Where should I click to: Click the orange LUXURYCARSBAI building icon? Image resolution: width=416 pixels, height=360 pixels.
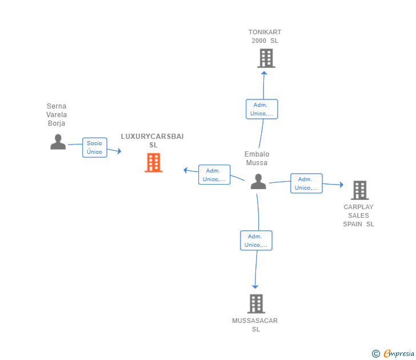point(153,163)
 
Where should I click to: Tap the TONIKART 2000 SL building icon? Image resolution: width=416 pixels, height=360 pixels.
point(266,58)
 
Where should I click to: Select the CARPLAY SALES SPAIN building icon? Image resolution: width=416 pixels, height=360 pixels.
point(360,190)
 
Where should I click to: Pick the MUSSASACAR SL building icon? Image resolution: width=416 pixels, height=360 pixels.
point(256,304)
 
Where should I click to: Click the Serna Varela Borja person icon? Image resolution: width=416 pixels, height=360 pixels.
point(58,142)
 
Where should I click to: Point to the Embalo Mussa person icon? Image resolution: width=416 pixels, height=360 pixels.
point(258,182)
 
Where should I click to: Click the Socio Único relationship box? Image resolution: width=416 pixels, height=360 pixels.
point(95,147)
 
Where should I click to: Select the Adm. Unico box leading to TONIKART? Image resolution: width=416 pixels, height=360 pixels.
point(262,109)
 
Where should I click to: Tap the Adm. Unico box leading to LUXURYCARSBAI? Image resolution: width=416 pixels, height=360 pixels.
point(214,174)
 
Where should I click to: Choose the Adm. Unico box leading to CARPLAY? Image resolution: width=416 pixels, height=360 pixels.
point(306,183)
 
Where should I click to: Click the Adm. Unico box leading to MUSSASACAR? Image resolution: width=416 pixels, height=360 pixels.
point(256,241)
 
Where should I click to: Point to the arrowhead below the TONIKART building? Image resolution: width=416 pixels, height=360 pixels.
point(264,73)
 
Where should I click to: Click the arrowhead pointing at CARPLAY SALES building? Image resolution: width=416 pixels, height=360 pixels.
point(342,185)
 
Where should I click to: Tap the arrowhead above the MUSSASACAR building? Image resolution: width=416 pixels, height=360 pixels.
point(255,287)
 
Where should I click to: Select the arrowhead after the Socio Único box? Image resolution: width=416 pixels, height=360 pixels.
point(119,151)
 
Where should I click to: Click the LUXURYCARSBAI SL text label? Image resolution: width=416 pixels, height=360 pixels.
point(152,141)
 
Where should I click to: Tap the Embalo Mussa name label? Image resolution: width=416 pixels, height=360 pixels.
point(257,158)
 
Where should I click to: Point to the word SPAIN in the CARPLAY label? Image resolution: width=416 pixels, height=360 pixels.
point(353,224)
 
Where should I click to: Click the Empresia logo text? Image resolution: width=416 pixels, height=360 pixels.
point(399,353)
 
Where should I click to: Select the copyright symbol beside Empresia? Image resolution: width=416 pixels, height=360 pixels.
point(375,354)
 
